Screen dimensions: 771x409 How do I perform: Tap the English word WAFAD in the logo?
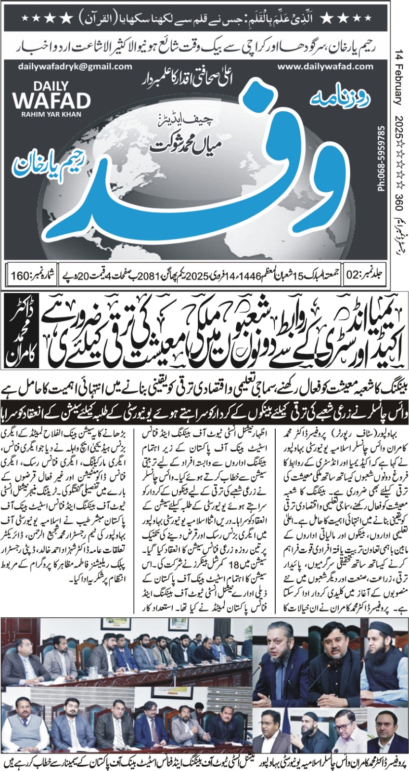[52, 100]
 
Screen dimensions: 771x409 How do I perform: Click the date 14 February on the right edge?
[398, 77]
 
